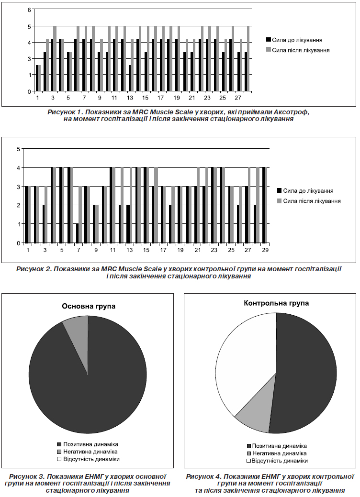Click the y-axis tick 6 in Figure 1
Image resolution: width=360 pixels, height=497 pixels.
[29, 10]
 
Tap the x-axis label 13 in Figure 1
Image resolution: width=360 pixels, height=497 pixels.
[130, 98]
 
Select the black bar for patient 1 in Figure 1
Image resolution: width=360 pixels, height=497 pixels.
[37, 78]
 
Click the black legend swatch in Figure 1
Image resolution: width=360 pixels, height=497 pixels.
[269, 40]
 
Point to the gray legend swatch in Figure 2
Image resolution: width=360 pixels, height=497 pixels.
[280, 201]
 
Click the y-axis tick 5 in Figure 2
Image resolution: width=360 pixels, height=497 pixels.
[18, 149]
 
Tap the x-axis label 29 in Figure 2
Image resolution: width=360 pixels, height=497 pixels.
[266, 250]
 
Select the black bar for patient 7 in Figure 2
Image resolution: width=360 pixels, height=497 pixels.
[78, 233]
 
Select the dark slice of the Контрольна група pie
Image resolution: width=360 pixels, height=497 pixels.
[304, 374]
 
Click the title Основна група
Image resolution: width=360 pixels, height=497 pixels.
[89, 306]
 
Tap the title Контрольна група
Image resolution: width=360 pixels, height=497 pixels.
[276, 303]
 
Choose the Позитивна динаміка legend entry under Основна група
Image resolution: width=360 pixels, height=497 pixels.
[88, 445]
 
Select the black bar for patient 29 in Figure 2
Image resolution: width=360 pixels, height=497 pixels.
[263, 205]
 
